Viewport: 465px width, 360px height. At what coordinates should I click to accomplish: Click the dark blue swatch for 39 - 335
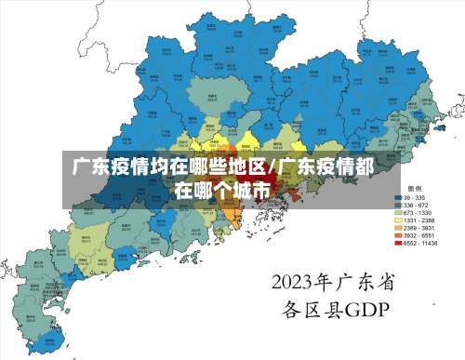click(x=398, y=197)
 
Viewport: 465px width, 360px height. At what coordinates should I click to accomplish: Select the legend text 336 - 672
click(x=416, y=206)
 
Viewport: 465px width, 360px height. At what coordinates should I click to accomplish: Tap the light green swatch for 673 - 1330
click(x=398, y=213)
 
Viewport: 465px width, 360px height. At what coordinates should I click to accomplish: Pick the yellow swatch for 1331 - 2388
click(x=398, y=220)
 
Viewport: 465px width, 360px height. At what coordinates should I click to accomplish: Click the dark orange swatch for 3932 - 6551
click(x=398, y=235)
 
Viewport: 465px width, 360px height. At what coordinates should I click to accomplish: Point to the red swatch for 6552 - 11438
click(x=398, y=244)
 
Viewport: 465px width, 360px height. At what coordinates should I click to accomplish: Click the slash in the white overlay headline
click(x=271, y=168)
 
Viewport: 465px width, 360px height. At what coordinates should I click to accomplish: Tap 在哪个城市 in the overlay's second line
click(x=225, y=191)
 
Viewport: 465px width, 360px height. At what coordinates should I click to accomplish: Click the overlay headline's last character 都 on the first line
click(x=365, y=168)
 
